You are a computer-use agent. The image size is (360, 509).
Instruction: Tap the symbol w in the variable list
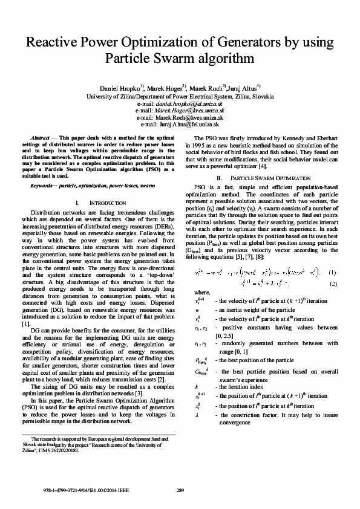197,310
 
